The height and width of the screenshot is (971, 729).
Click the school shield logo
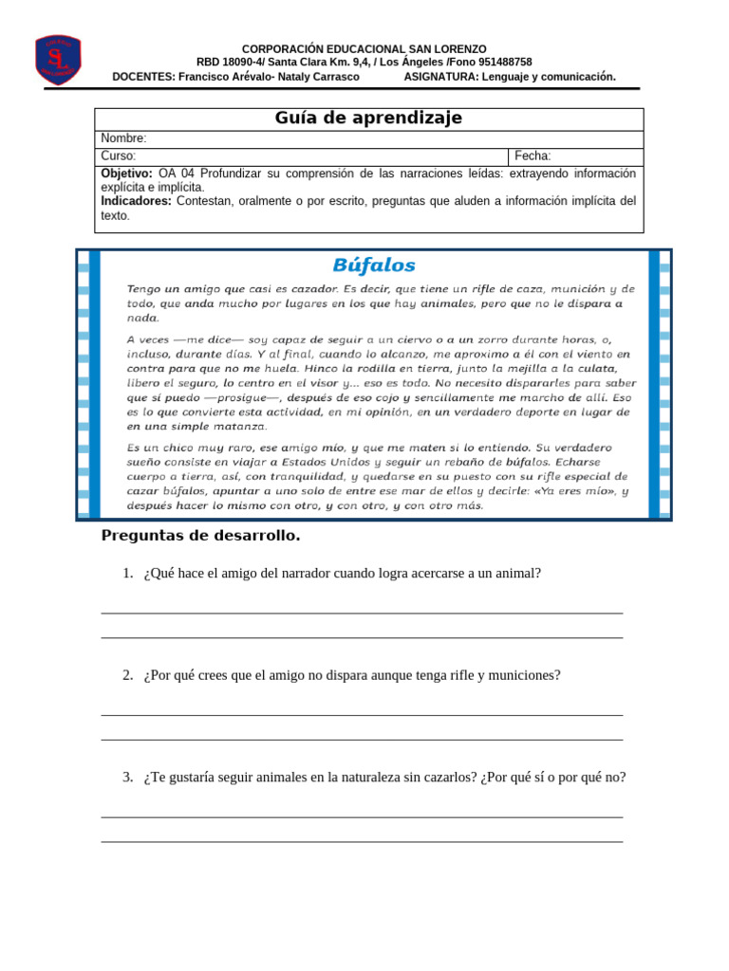pyautogui.click(x=58, y=60)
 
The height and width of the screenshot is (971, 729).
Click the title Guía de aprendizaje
pyautogui.click(x=368, y=119)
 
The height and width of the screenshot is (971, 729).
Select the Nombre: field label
pyautogui.click(x=123, y=138)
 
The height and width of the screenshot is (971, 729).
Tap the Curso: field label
pyautogui.click(x=119, y=156)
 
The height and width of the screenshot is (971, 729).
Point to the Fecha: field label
pyautogui.click(x=533, y=156)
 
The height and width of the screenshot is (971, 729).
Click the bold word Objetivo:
pyautogui.click(x=126, y=174)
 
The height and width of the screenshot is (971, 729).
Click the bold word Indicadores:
pyautogui.click(x=136, y=201)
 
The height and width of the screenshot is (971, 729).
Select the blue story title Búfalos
pyautogui.click(x=373, y=266)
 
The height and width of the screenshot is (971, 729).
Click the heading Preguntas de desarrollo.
pyautogui.click(x=200, y=536)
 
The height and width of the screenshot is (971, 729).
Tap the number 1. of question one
pyautogui.click(x=127, y=573)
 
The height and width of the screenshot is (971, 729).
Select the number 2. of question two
pyautogui.click(x=127, y=675)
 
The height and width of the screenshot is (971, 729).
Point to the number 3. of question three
pyautogui.click(x=127, y=778)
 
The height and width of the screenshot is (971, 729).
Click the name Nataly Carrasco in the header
pyautogui.click(x=320, y=77)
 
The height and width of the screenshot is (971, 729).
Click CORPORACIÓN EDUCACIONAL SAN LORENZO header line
pyautogui.click(x=364, y=48)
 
